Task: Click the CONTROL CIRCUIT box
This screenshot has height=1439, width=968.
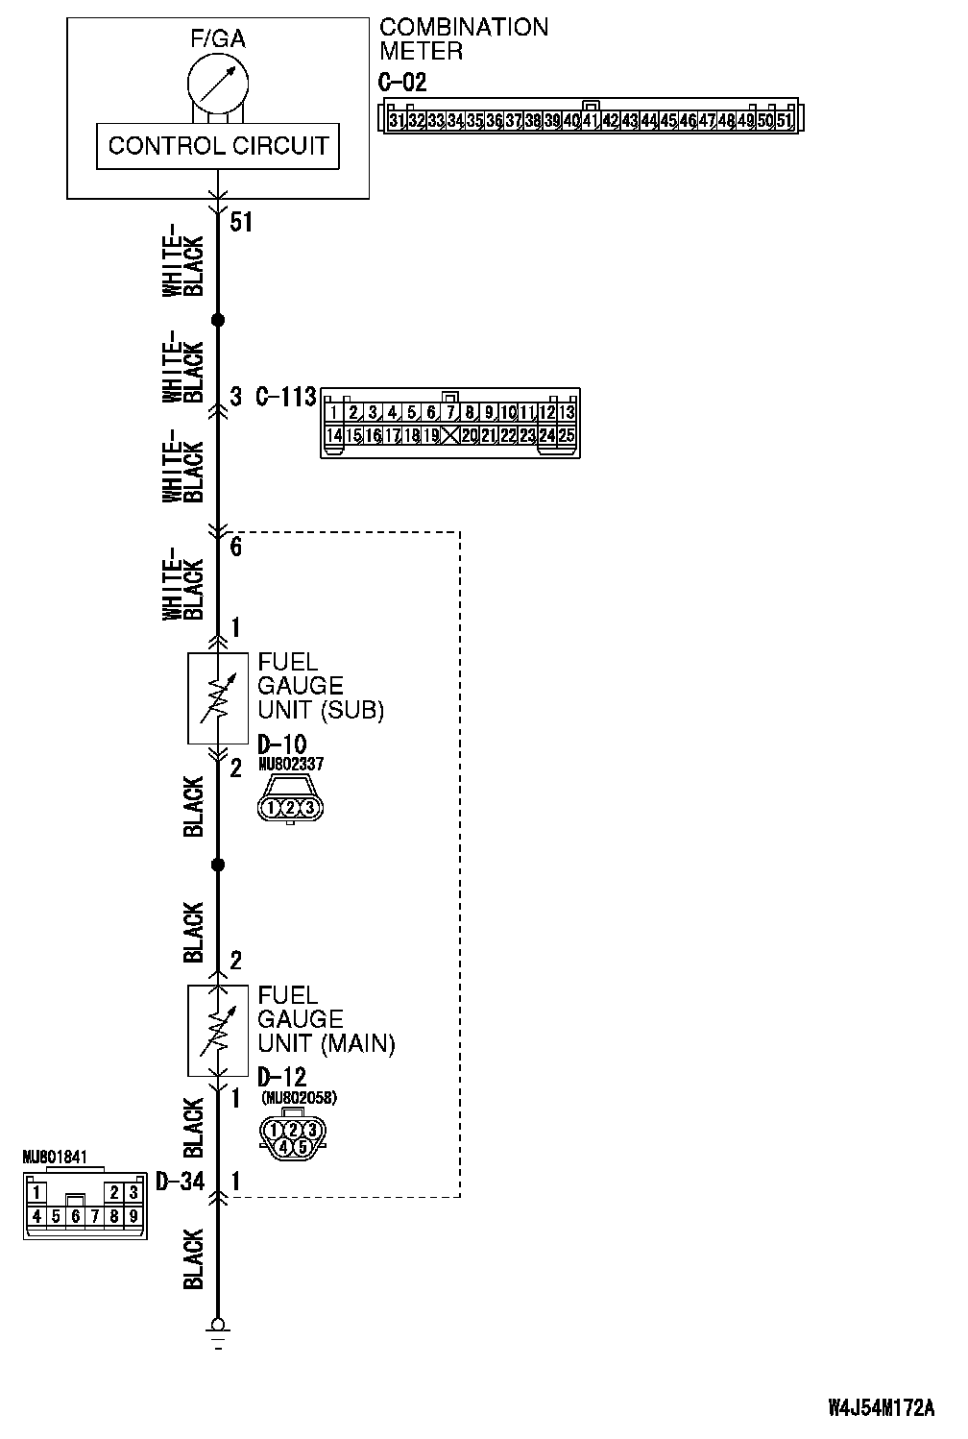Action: pyautogui.click(x=218, y=147)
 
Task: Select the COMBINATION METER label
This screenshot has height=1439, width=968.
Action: pyautogui.click(x=464, y=38)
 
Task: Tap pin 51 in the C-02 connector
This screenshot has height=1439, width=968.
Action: pyautogui.click(x=784, y=121)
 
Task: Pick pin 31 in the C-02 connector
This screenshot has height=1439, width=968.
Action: pyautogui.click(x=397, y=121)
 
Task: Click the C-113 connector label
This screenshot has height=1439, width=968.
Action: pyautogui.click(x=286, y=396)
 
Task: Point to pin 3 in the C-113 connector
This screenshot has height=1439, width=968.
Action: pyautogui.click(x=373, y=413)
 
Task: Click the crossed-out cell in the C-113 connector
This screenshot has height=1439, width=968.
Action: pyautogui.click(x=450, y=435)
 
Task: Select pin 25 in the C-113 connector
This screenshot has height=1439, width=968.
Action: pyautogui.click(x=567, y=435)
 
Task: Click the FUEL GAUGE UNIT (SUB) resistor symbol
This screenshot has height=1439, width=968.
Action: pyautogui.click(x=218, y=698)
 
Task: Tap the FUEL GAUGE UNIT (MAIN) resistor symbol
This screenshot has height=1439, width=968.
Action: pyautogui.click(x=218, y=1031)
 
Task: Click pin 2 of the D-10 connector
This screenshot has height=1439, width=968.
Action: pyautogui.click(x=290, y=808)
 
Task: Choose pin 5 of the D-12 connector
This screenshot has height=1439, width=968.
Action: pyautogui.click(x=302, y=1146)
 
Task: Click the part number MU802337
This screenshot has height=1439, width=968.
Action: pyautogui.click(x=290, y=765)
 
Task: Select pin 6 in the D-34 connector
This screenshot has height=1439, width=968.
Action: pyautogui.click(x=75, y=1216)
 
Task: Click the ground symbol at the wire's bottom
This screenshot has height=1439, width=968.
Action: pyautogui.click(x=218, y=1330)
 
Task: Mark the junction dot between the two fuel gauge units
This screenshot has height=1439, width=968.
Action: pyautogui.click(x=218, y=866)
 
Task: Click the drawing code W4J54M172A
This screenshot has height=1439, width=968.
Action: pyautogui.click(x=881, y=1408)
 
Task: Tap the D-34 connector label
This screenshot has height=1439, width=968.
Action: pyautogui.click(x=180, y=1181)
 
